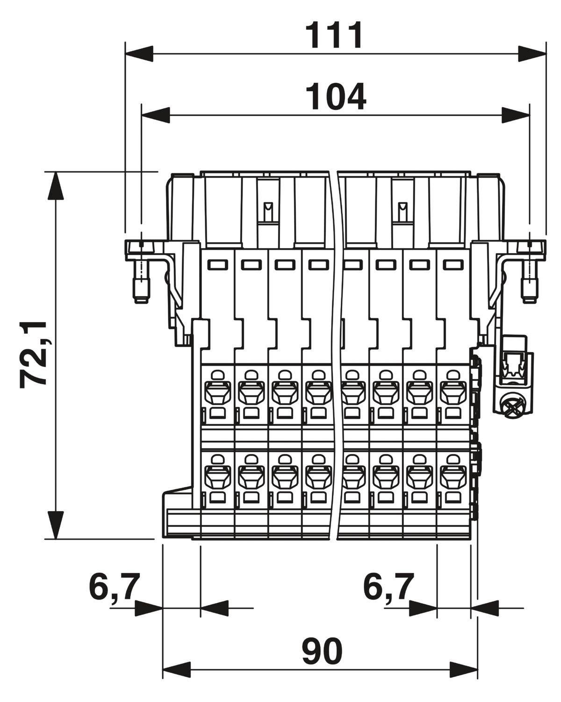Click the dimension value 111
pyautogui.click(x=333, y=35)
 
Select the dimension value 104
pyautogui.click(x=335, y=96)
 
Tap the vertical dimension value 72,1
pyautogui.click(x=34, y=355)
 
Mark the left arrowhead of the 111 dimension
pyautogui.click(x=139, y=53)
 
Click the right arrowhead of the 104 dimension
pyautogui.click(x=515, y=115)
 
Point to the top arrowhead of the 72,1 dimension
pyautogui.click(x=56, y=186)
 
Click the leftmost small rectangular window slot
pyautogui.click(x=218, y=264)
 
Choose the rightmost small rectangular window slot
pyautogui.click(x=453, y=264)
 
